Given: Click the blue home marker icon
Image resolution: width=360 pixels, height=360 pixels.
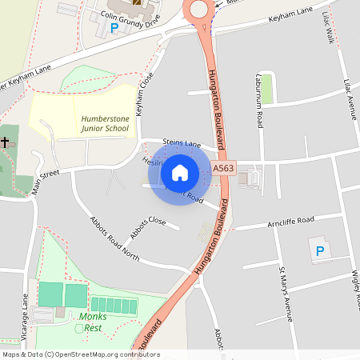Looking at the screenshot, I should (180, 172).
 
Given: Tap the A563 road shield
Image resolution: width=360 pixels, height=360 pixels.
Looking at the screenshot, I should (224, 169).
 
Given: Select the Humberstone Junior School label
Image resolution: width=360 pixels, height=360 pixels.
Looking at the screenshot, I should (105, 123).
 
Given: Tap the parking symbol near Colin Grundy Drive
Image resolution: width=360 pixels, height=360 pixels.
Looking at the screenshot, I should (114, 28).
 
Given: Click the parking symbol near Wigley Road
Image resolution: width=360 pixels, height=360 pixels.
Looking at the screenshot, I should (320, 251).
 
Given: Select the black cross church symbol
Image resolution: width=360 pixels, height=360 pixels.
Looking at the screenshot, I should (6, 142).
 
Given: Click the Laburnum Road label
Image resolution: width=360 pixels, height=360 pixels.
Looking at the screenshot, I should (260, 109).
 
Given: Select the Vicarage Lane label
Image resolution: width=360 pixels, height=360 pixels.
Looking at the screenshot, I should (26, 309).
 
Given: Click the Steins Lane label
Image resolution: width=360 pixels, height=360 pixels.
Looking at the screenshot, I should (182, 143).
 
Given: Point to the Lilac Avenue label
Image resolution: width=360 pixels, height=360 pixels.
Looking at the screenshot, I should (349, 99).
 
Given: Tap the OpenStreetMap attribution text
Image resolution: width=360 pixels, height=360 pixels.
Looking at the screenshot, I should (80, 354).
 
